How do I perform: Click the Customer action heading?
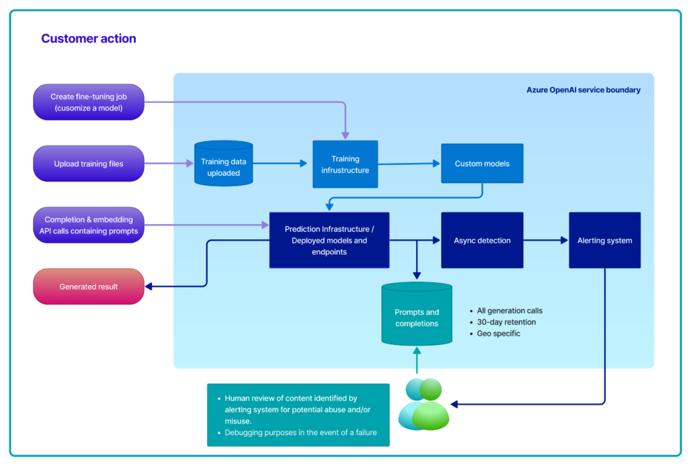click(89, 39)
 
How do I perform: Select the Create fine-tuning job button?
click(89, 102)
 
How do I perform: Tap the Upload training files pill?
click(89, 163)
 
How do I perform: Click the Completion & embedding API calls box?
click(89, 225)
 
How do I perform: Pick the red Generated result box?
click(89, 287)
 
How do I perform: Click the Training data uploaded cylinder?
click(224, 166)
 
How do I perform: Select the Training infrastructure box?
click(345, 164)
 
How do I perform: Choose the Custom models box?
click(482, 163)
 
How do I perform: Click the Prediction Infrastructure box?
click(329, 241)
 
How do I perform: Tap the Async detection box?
click(482, 241)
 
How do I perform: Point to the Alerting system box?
click(605, 241)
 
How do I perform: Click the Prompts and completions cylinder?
click(416, 318)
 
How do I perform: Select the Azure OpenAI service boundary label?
click(583, 90)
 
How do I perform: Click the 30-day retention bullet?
click(506, 322)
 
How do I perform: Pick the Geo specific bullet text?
click(498, 333)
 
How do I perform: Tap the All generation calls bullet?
click(509, 310)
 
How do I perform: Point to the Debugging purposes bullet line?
click(302, 432)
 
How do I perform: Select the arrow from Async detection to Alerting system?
click(546, 241)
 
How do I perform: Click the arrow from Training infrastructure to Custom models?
click(409, 164)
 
